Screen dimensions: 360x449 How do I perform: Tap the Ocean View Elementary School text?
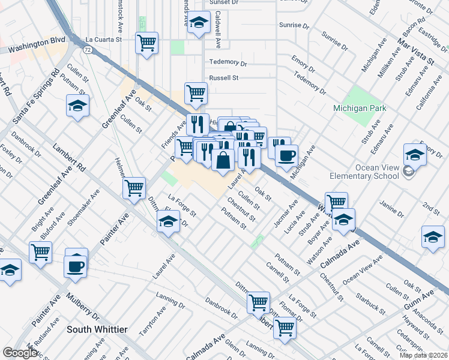coord(364,172)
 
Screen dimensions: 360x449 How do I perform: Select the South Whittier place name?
coord(97,329)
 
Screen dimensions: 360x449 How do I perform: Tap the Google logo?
coord(20,353)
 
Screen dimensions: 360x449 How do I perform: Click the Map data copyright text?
coord(423,355)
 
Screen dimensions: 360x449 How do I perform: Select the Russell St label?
coord(224,78)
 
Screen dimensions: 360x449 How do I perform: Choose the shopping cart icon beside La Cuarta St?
coord(146,43)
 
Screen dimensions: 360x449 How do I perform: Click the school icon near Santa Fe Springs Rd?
coord(77,106)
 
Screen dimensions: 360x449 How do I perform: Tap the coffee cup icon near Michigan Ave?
coord(286,155)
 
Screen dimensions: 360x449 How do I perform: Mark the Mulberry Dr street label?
coord(83,307)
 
